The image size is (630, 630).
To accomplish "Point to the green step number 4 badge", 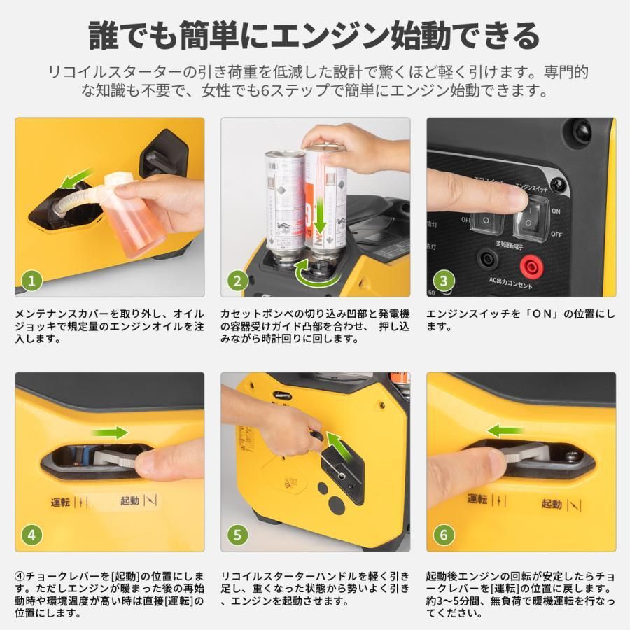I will click(x=31, y=535).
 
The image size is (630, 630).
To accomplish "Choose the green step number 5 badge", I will click(x=237, y=535).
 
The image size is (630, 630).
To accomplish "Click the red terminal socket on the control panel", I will click(x=533, y=265).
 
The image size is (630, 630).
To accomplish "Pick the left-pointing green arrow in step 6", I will click(x=506, y=430).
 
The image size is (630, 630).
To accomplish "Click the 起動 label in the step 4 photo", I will click(x=130, y=500).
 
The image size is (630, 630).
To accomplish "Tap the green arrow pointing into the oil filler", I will click(x=77, y=178).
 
